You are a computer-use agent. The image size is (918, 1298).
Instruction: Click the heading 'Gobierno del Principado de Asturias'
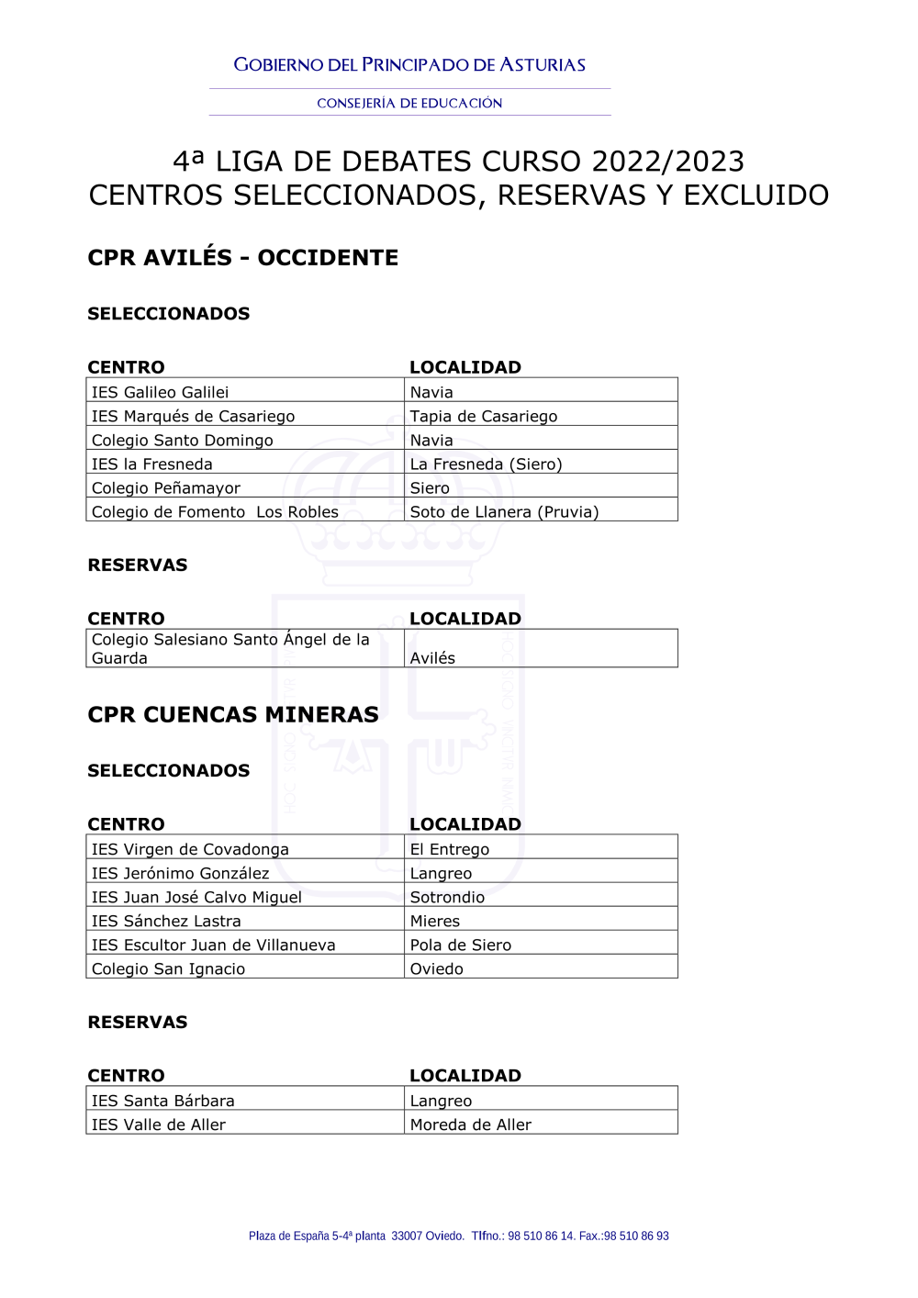(409, 65)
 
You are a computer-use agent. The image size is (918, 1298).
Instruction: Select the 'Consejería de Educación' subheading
(409, 104)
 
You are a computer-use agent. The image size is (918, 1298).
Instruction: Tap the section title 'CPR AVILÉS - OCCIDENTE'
(242, 258)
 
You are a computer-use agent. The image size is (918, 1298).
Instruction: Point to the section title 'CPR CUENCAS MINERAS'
(233, 715)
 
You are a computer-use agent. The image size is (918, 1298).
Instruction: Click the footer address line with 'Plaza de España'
(458, 1236)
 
